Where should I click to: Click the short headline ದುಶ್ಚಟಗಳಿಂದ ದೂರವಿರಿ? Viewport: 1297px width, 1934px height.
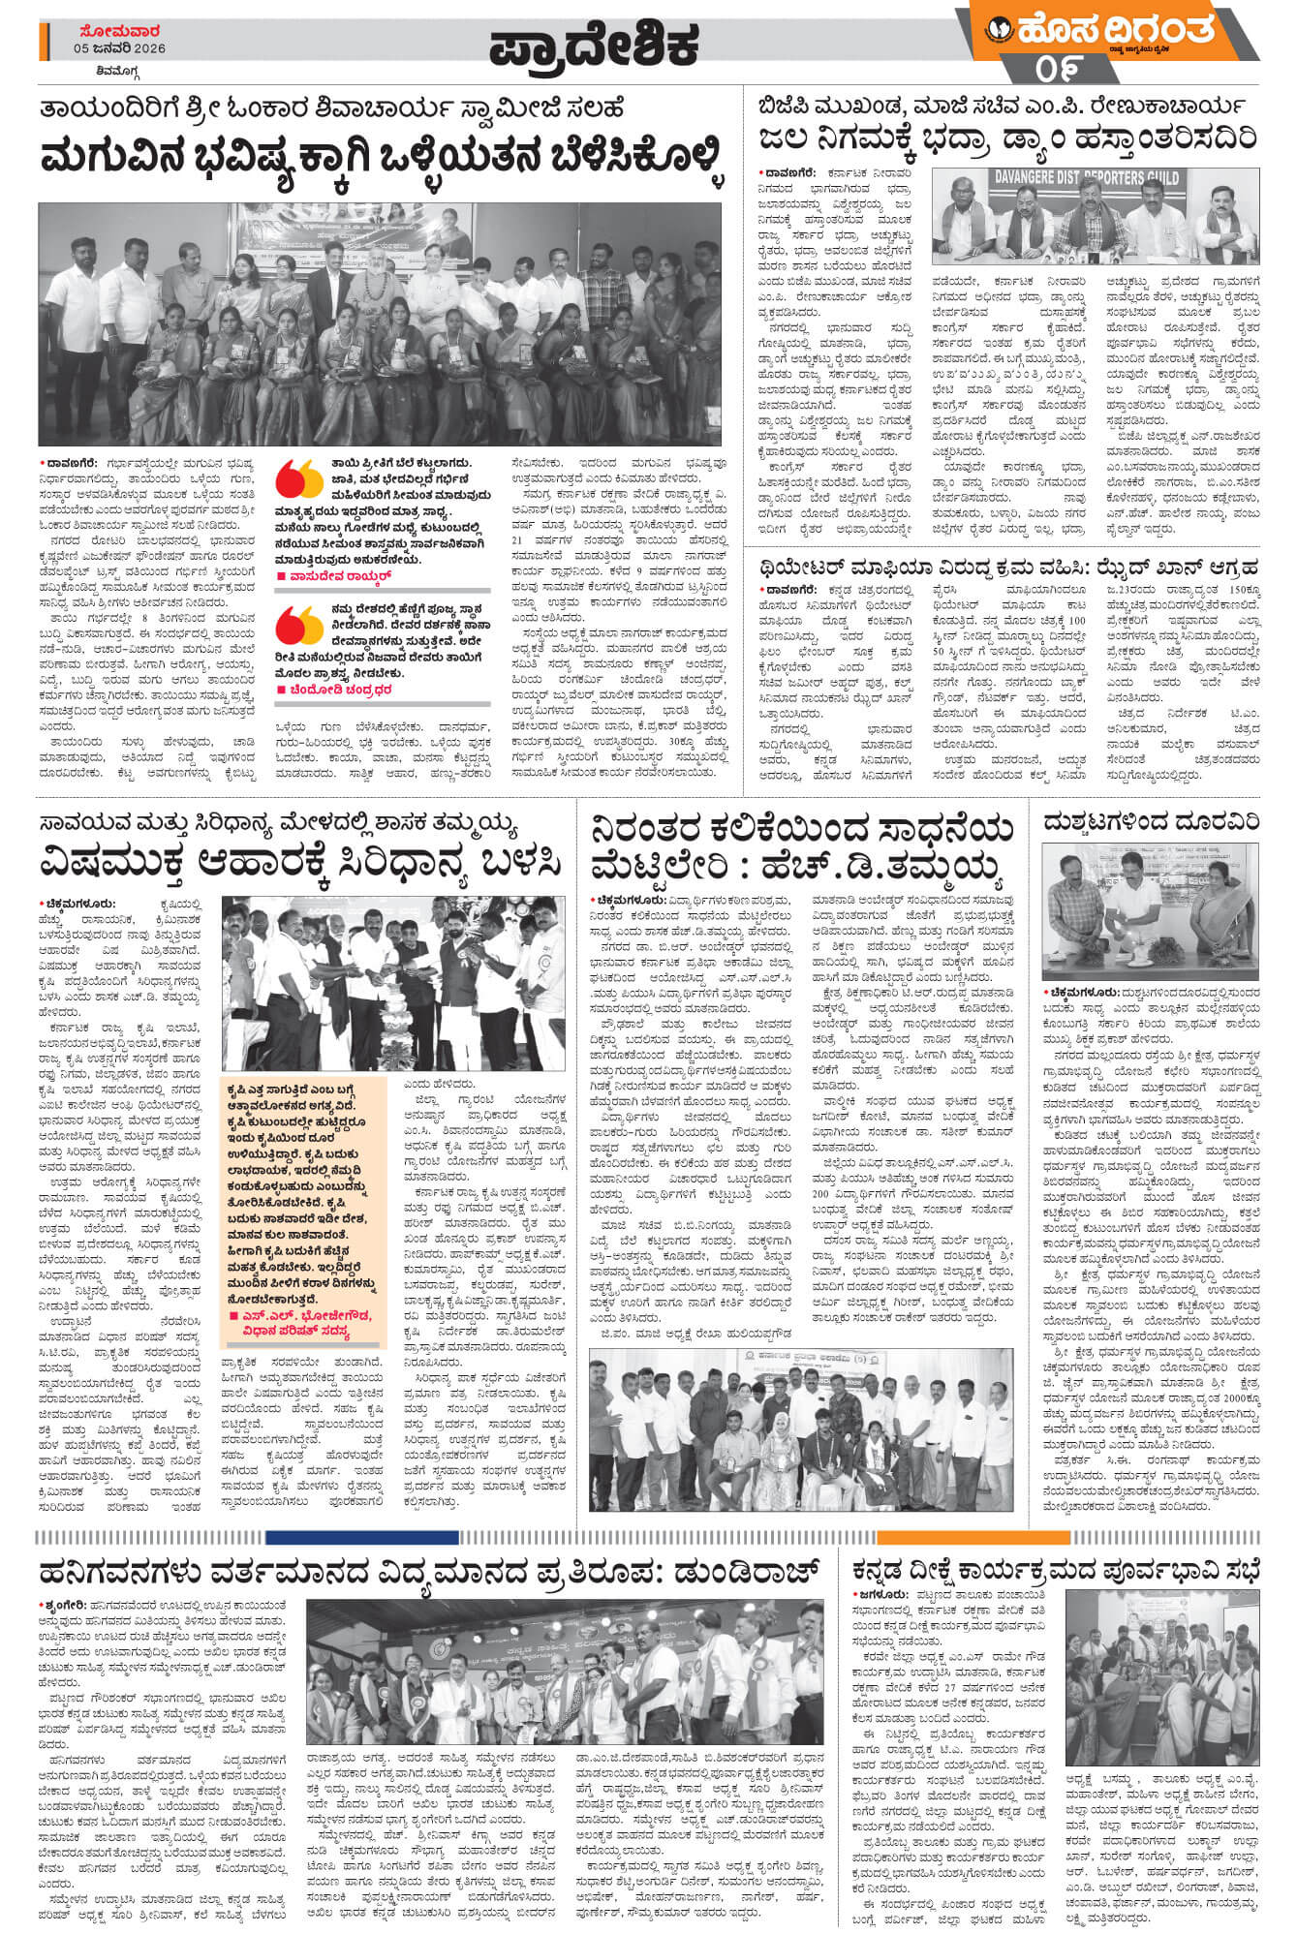(1152, 822)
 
